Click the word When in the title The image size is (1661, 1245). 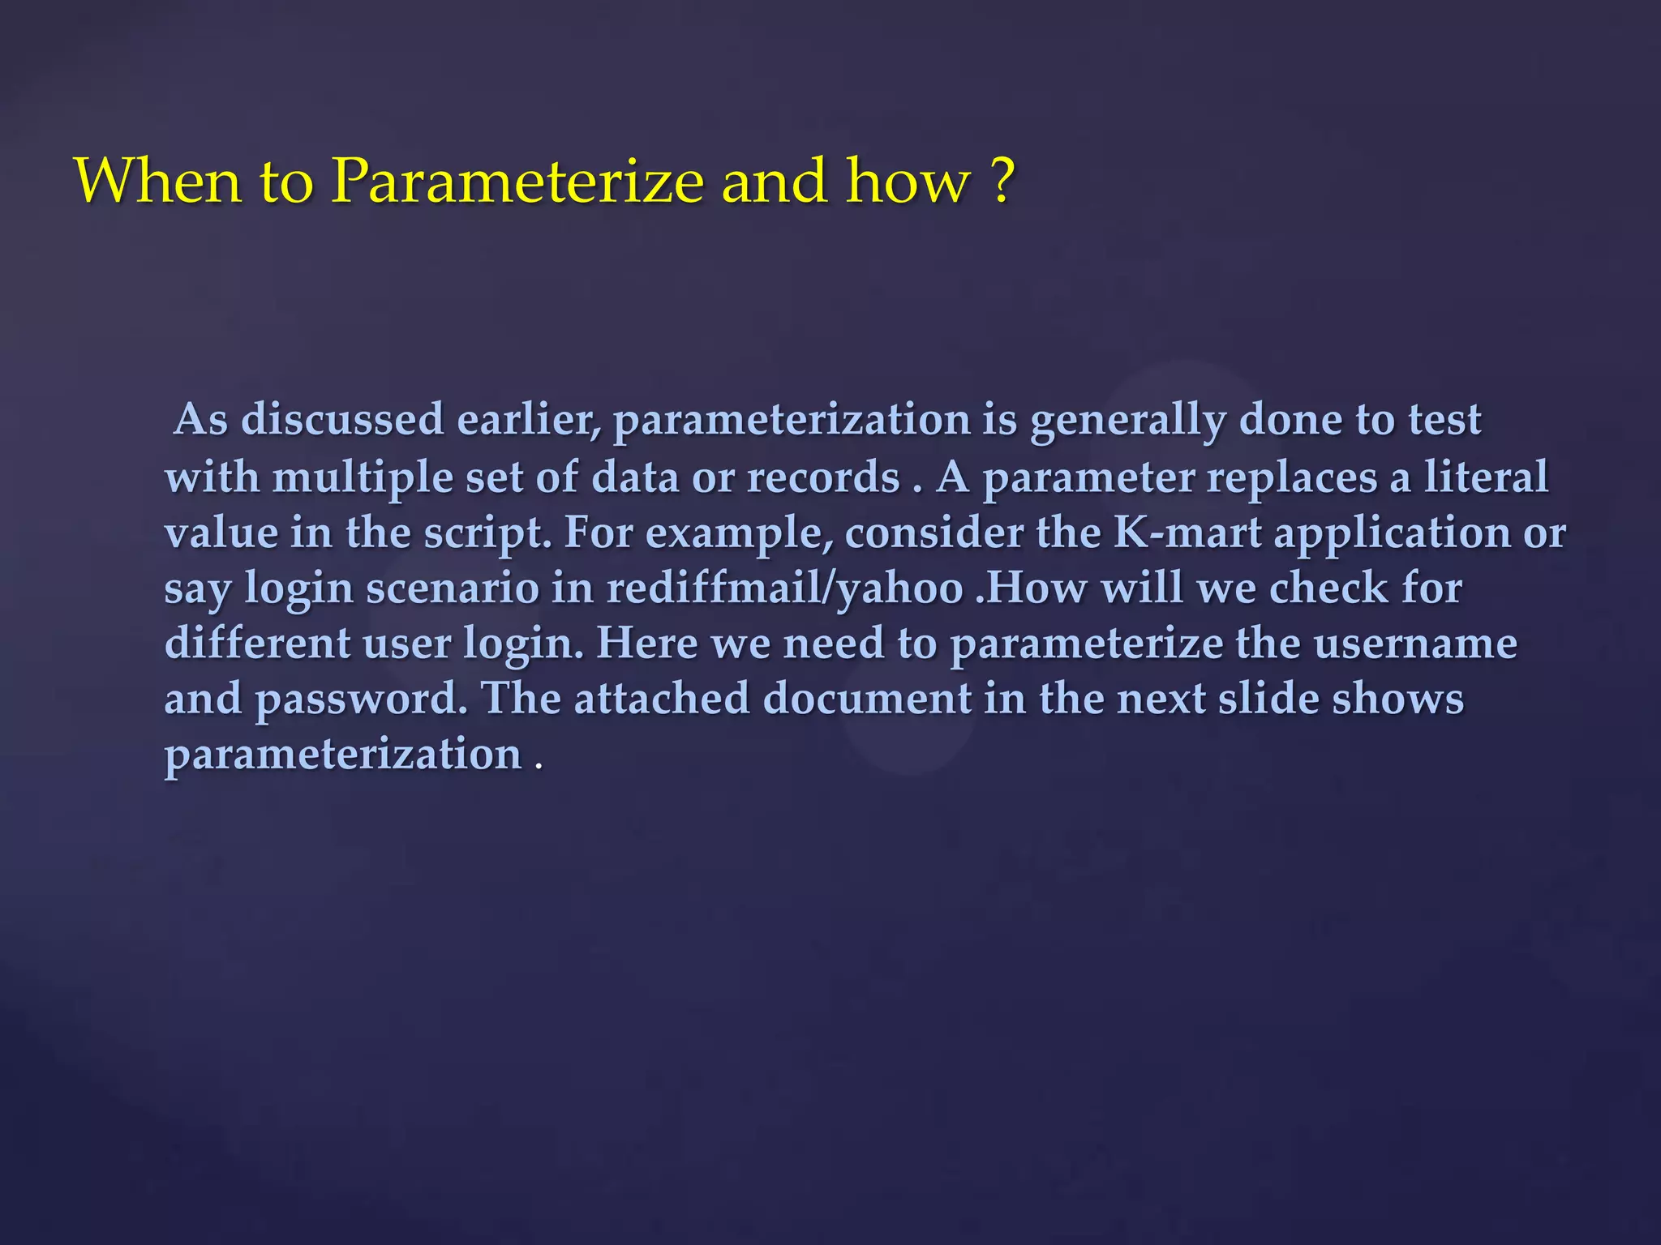[x=158, y=180]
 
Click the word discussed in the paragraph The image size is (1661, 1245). [x=342, y=420]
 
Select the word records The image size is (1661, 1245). [x=823, y=477]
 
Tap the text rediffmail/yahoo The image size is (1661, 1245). [x=785, y=588]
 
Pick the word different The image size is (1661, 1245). [x=257, y=644]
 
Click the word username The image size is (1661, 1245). [x=1415, y=644]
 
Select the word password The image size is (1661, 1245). [x=361, y=700]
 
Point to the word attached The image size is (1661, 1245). [x=662, y=698]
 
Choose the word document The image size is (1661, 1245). [x=867, y=698]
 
